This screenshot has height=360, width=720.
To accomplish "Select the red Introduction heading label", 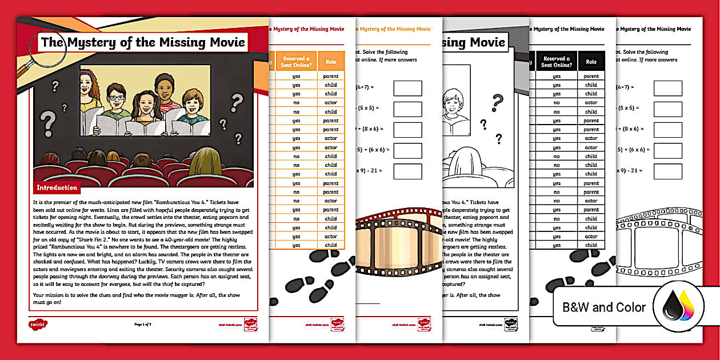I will (57, 187).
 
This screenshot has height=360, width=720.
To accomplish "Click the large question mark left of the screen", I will (50, 122).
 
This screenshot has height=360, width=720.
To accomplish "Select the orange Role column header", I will (331, 62).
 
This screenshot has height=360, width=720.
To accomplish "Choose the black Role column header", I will (591, 62).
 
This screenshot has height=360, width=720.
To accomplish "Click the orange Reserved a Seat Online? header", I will (296, 62).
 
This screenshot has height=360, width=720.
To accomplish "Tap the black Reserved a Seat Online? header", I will (556, 62).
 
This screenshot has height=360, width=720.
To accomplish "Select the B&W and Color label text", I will (604, 307).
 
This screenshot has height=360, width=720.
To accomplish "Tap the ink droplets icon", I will (678, 309).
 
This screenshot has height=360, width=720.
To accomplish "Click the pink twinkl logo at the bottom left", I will (38, 325).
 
